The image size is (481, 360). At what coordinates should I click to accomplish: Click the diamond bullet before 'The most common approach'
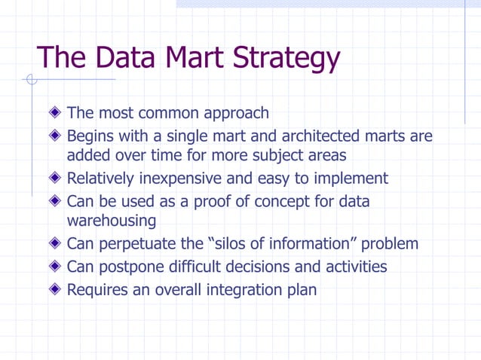tap(54, 114)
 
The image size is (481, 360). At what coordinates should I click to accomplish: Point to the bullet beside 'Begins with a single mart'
tap(54, 137)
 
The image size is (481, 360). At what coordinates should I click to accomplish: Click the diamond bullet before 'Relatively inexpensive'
tap(54, 179)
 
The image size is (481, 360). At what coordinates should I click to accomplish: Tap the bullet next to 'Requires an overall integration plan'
tap(54, 289)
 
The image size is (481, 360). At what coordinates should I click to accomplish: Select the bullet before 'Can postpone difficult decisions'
tap(54, 267)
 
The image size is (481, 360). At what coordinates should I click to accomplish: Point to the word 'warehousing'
tap(112, 221)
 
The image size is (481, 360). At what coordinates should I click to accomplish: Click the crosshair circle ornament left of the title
tap(31, 79)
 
